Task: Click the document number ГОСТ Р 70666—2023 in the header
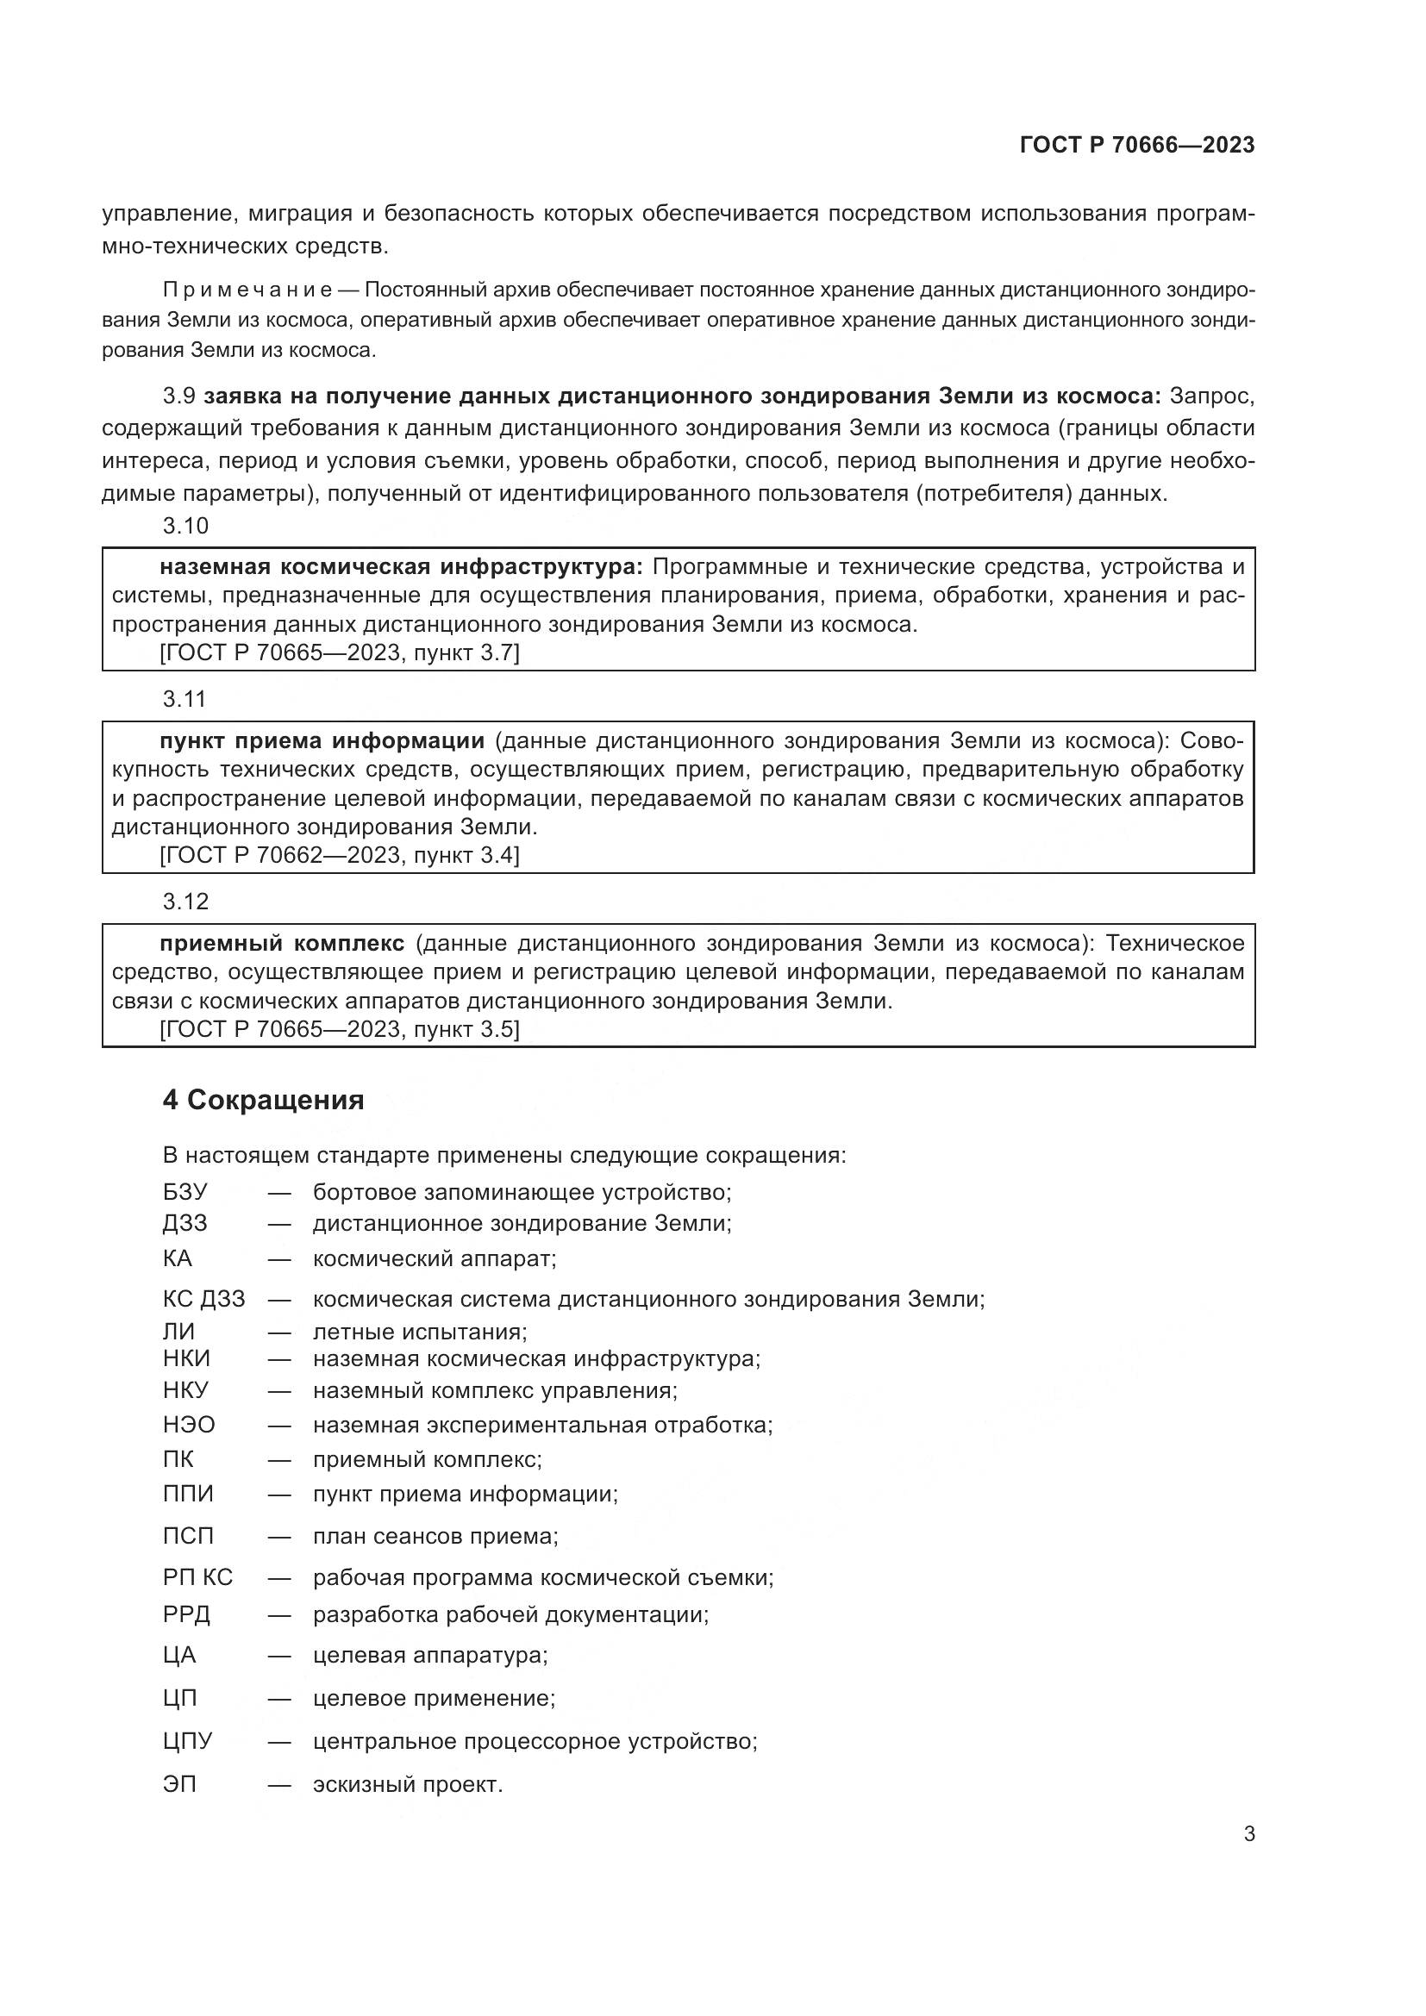pos(1137,145)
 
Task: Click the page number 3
pos(1248,1834)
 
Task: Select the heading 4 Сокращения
pos(264,1099)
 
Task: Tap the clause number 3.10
pos(185,526)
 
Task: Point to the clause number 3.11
pos(185,699)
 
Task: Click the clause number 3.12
pos(185,901)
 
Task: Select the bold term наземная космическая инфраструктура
pos(401,567)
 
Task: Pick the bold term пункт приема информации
pos(322,741)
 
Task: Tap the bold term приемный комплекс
pos(282,943)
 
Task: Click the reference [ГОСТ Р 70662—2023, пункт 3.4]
pos(339,855)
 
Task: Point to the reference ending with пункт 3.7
pos(339,653)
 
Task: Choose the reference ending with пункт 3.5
pos(339,1029)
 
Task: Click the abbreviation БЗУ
pos(185,1192)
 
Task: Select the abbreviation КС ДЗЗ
pos(203,1299)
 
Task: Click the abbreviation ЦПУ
pos(187,1741)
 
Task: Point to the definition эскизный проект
pos(408,1785)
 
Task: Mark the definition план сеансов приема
pos(435,1537)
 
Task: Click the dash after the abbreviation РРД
pos(279,1614)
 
